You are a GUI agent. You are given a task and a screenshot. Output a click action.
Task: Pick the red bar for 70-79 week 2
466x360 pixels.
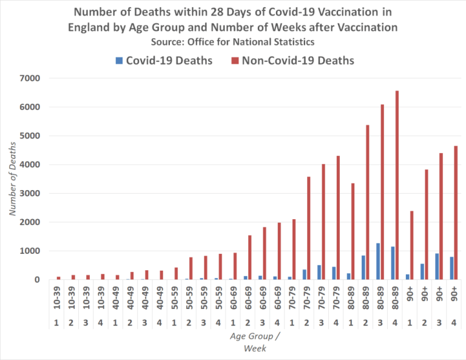309,228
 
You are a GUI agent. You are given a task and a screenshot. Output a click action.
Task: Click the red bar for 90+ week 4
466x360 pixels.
456,212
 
